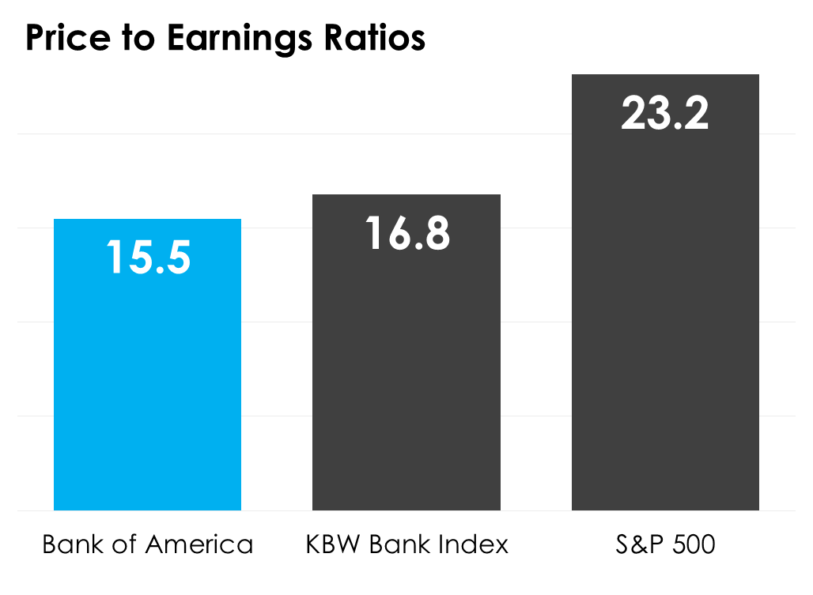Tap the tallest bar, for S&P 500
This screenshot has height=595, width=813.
(x=665, y=316)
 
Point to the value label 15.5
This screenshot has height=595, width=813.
(x=149, y=257)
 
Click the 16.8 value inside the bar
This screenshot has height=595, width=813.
(x=407, y=233)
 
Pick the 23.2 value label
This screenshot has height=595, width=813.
(x=665, y=113)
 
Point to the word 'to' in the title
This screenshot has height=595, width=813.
(x=139, y=38)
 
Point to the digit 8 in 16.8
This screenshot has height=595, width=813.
(x=436, y=233)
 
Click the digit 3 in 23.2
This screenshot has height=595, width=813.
(x=663, y=113)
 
